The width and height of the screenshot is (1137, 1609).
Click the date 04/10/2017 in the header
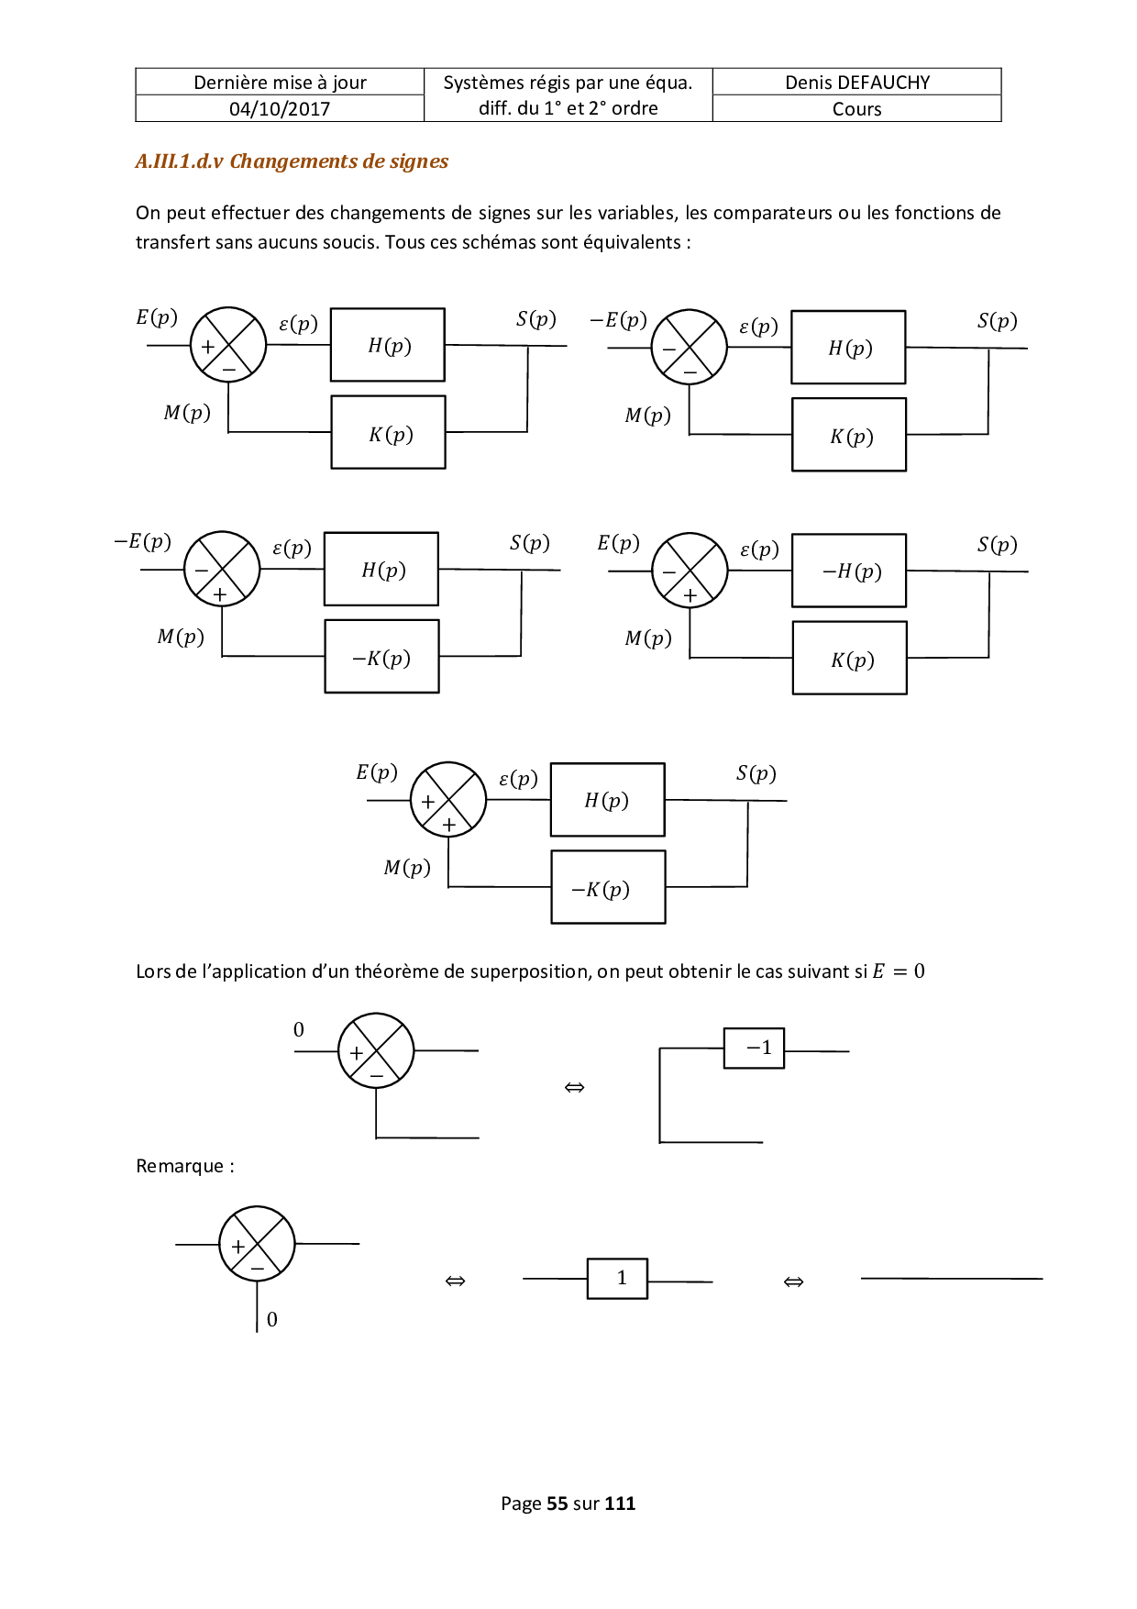[280, 109]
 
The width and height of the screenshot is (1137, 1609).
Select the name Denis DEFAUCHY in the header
[857, 83]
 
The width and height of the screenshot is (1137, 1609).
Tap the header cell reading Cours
[857, 109]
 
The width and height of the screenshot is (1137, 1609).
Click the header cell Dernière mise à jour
[280, 83]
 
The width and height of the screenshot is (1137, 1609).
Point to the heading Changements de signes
[339, 161]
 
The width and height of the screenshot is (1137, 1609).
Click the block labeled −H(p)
[849, 571]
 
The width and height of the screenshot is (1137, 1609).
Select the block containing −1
[755, 1048]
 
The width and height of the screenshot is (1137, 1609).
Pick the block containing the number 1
[618, 1278]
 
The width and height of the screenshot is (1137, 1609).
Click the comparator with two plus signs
[448, 799]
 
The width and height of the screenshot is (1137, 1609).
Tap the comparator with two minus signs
[689, 348]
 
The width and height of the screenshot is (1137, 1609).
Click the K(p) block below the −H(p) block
[850, 659]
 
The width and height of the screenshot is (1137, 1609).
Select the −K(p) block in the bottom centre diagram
[608, 887]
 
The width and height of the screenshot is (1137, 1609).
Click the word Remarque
[180, 1166]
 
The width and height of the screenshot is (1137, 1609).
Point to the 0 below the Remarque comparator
[272, 1319]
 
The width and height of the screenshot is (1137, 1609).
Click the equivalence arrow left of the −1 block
[575, 1088]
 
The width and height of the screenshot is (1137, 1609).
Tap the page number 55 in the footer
[557, 1504]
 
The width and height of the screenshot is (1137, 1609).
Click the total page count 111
[620, 1504]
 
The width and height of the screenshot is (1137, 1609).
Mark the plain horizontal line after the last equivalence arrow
[952, 1278]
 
